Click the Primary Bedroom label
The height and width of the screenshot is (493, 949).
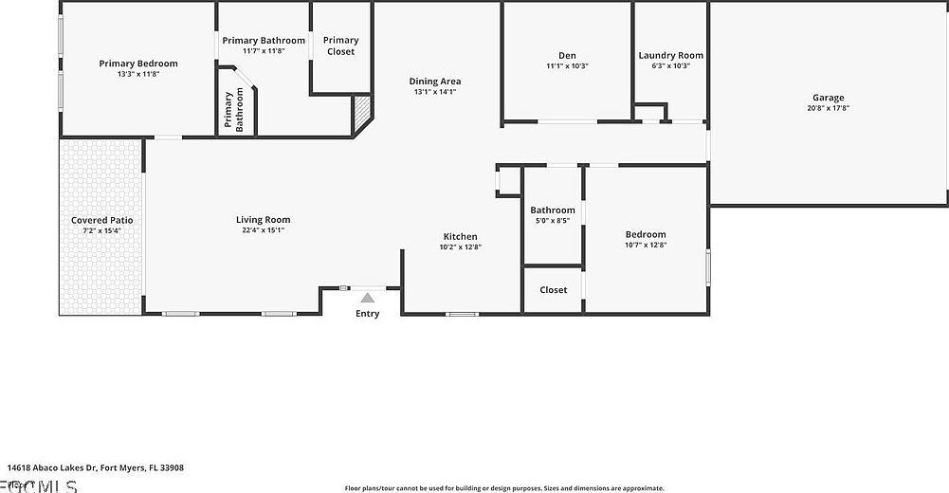point(138,64)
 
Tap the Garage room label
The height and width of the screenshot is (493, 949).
point(828,98)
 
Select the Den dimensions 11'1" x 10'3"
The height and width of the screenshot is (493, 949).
point(567,66)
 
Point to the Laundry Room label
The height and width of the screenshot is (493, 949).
point(670,56)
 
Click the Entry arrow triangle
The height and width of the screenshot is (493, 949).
point(367,298)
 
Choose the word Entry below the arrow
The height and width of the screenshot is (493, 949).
point(367,314)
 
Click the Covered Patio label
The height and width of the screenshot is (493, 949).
point(101,220)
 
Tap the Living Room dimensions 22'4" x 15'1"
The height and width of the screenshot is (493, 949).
point(263,230)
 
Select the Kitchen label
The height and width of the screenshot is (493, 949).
point(460,236)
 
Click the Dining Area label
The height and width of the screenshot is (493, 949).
point(435,82)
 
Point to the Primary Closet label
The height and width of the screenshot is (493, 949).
point(340,46)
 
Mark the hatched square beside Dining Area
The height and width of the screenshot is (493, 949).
point(361,115)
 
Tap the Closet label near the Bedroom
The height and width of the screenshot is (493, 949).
point(553,290)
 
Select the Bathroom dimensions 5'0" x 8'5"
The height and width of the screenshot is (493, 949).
point(552,220)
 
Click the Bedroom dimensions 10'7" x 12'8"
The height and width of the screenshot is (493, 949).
point(645,245)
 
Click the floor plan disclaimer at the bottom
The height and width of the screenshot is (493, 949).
point(504,488)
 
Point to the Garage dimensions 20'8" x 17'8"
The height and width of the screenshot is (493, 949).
point(828,108)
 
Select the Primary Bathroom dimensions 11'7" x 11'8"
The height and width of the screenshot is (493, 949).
point(263,51)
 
